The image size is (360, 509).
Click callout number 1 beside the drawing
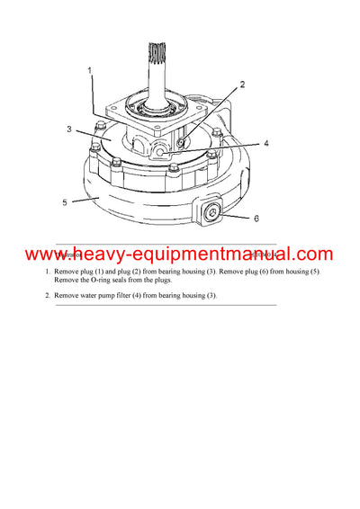click(89, 69)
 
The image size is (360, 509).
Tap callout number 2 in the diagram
click(241, 85)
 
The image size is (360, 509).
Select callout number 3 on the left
click(68, 129)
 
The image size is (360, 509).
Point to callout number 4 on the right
click(265, 142)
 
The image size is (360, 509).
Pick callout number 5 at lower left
click(65, 202)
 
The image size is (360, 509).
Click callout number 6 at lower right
click(256, 219)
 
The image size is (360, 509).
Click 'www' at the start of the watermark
click(46, 254)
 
